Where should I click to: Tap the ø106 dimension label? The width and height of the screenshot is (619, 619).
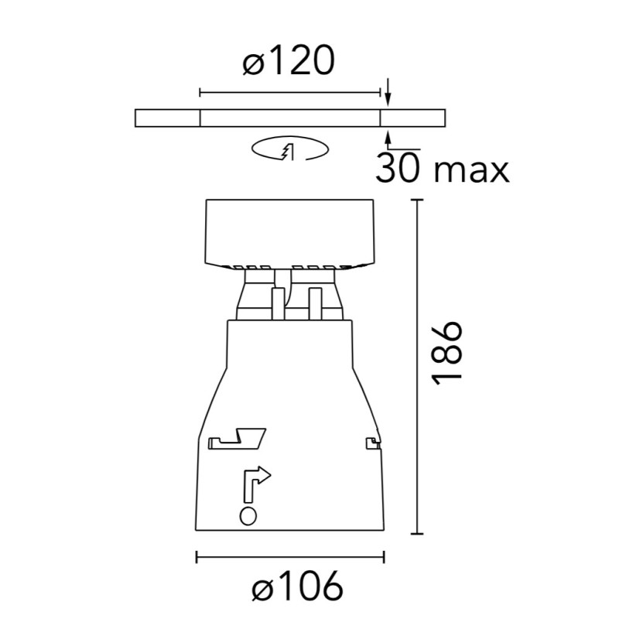coord(297,586)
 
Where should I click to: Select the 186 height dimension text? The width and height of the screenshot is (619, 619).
coord(447,354)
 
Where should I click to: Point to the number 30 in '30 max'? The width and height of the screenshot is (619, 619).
coord(396,168)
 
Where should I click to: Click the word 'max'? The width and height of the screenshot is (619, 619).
coord(472,172)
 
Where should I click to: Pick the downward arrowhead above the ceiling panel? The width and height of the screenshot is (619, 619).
coord(388,100)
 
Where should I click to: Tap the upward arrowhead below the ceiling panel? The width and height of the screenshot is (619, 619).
coord(388,137)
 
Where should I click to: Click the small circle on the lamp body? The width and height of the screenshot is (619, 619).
coord(248,516)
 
